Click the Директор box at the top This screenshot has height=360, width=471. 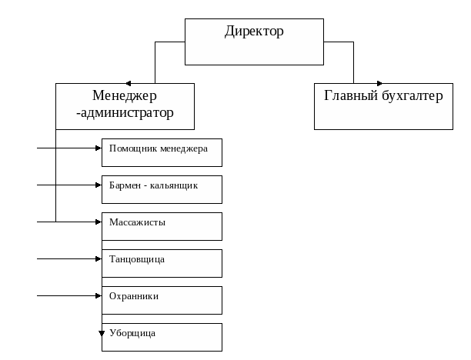point(254,42)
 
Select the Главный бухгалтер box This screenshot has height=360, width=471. point(383,106)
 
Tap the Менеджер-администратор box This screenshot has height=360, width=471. point(125,106)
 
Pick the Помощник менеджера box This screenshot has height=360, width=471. point(162,152)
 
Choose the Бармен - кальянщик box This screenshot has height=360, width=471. point(162,189)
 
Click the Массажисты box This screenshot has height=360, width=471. point(162,226)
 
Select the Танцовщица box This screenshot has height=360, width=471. point(162,263)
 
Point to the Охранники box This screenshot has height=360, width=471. point(162,300)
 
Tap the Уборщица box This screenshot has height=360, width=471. point(162,337)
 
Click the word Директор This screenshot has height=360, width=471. point(254,32)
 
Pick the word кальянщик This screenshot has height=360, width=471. point(174,185)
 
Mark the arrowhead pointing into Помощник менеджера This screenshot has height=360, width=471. point(98,148)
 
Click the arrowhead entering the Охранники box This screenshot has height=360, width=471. point(98,295)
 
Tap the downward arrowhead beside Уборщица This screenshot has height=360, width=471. point(102,333)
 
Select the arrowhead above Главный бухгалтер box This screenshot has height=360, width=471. point(379,83)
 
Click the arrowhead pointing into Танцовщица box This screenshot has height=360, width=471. point(98,258)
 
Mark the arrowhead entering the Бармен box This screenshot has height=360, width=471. point(98,185)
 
